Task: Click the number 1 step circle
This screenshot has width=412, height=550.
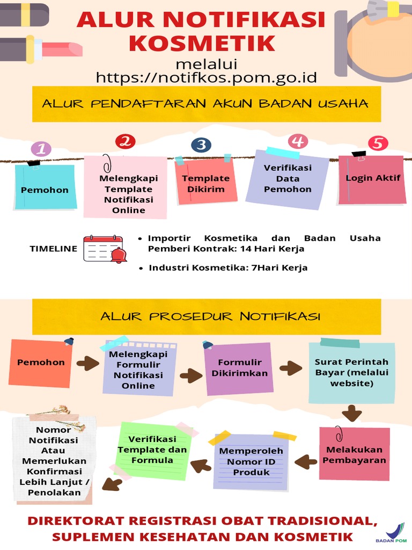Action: (41, 149)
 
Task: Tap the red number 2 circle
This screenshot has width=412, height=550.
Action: (126, 142)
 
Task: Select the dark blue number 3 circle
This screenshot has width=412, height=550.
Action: (201, 145)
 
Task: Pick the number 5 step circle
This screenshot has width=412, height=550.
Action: (378, 143)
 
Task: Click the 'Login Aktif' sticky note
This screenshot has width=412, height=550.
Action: (372, 179)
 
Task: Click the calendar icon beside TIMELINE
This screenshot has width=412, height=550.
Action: (102, 249)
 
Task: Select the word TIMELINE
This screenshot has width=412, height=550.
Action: (53, 249)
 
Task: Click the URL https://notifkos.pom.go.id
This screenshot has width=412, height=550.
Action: (206, 77)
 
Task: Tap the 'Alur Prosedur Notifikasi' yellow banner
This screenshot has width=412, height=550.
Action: (210, 316)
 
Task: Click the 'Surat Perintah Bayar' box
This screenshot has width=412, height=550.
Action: (351, 373)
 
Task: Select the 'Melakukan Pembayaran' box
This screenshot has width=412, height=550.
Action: (354, 454)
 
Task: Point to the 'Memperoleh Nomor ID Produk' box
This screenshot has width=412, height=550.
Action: (252, 461)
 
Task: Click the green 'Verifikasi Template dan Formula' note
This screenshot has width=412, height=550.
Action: (152, 450)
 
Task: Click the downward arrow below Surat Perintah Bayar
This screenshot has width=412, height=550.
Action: (352, 412)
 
